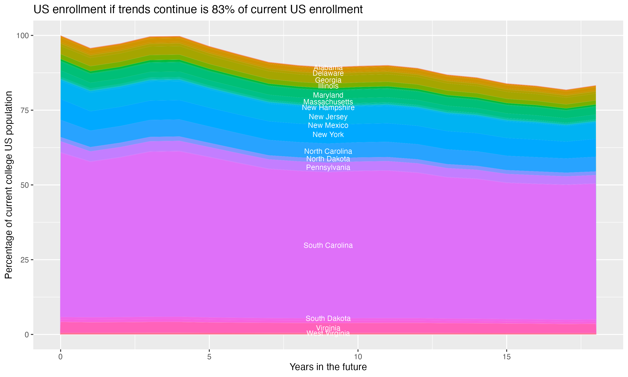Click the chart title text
tap(198, 10)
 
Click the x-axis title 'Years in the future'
tap(328, 367)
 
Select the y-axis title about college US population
tap(9, 185)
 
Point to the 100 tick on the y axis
tap(22, 36)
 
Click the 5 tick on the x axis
tap(209, 357)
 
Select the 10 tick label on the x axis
tap(358, 357)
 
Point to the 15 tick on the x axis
tap(506, 357)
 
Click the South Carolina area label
tap(328, 245)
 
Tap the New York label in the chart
tap(328, 135)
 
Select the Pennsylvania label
tap(328, 167)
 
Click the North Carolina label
tap(328, 151)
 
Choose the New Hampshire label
tap(328, 108)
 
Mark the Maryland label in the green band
tap(328, 95)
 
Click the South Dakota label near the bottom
tap(328, 319)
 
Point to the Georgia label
tap(328, 80)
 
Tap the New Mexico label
tap(328, 125)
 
